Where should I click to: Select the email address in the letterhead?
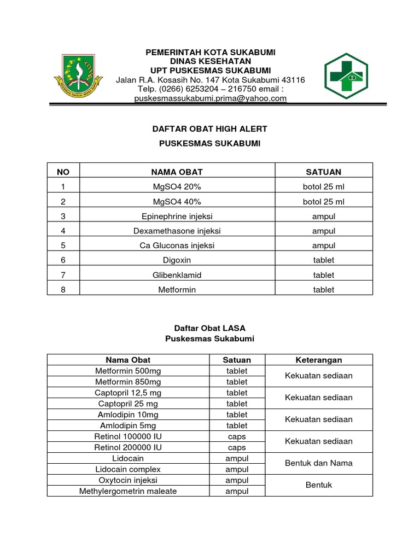coord(211,98)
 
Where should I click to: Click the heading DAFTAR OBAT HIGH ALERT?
coord(209,129)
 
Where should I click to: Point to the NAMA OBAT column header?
coord(177,172)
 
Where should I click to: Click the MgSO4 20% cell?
coord(177,186)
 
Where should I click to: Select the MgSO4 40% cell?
coord(177,201)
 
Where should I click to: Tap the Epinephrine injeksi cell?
coord(177,216)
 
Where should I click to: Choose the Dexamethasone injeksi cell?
coord(177,231)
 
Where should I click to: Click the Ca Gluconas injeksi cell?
coord(177,246)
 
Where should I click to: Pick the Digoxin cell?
coord(177,260)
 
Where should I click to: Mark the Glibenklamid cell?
coord(177,275)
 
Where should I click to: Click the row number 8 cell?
coord(63,290)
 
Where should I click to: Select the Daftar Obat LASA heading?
coord(209,328)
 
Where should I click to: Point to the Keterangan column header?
coord(318,360)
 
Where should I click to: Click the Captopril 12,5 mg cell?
coord(128,393)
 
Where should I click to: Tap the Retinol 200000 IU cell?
coord(128,447)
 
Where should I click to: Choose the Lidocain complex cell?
coord(128,469)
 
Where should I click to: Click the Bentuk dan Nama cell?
coord(318,463)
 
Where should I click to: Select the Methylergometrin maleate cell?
coord(128,491)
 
